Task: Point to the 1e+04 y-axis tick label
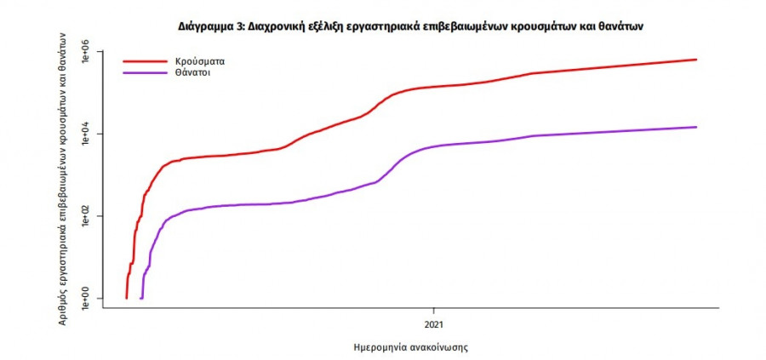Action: click(86, 134)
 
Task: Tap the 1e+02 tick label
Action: click(86, 217)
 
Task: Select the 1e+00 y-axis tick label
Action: click(86, 299)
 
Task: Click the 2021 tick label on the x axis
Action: click(434, 324)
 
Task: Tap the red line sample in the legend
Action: click(144, 62)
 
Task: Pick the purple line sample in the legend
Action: click(144, 74)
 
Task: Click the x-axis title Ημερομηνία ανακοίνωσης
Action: click(411, 348)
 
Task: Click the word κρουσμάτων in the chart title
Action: click(545, 27)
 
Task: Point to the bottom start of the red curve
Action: click(126, 298)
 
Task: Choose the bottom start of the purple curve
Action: click(141, 298)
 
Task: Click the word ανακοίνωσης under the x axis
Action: click(438, 348)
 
